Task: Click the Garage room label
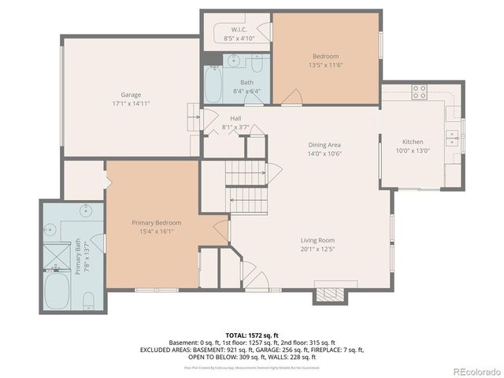coord(131,94)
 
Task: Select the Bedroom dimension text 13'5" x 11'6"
coord(325,65)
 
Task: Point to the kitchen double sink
coord(452,135)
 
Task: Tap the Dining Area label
coord(324,145)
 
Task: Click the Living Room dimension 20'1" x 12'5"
coord(317,250)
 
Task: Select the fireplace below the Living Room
coord(329,294)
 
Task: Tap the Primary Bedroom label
coord(156,223)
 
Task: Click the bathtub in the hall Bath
coord(213,84)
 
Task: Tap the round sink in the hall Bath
coord(233,60)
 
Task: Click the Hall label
coord(235,118)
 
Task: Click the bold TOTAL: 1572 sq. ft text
coord(253,334)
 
